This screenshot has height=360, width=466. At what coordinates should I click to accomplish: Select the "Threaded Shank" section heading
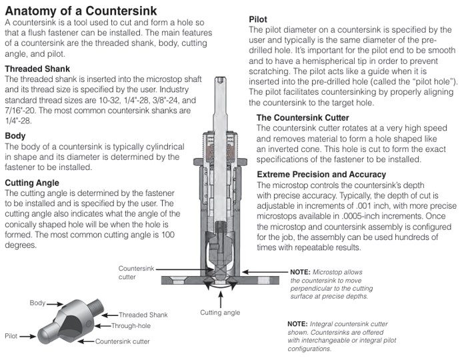[37, 69]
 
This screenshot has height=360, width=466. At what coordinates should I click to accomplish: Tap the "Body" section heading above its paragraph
[15, 135]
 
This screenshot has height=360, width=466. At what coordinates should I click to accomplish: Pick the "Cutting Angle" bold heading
[33, 182]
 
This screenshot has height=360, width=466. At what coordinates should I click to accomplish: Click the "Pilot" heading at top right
[258, 19]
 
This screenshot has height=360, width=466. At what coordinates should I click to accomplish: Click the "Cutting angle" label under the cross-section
[221, 311]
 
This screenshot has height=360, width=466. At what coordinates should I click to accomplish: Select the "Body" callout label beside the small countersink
[38, 303]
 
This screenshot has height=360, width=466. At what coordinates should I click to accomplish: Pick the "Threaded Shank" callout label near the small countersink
[143, 314]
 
